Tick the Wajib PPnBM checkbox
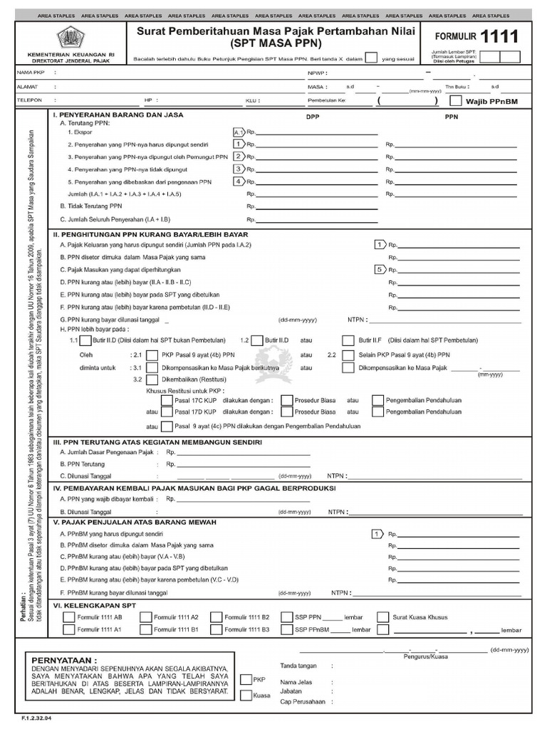pos(456,101)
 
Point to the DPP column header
pos(313,117)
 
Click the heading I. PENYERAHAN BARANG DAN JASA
pos(118,115)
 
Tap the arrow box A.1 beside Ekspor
pos(239,132)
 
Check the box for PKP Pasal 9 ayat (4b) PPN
pos(151,354)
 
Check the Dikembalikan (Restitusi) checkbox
pos(151,379)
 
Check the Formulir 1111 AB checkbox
pos(68,617)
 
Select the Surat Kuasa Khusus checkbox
pos(383,617)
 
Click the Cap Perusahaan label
pos(302,701)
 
